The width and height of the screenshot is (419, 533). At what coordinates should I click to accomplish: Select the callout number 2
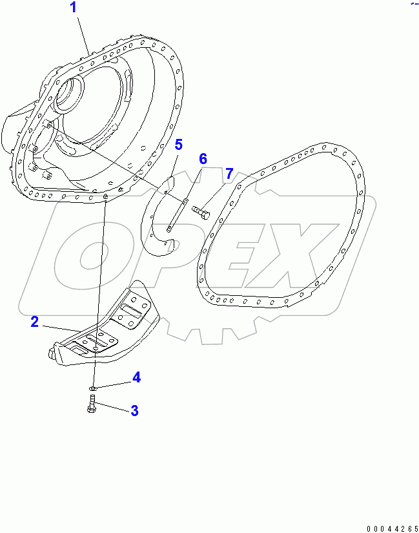tap(35, 322)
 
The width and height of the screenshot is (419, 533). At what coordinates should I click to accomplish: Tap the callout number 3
tap(134, 410)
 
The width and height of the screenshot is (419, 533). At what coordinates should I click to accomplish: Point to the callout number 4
tap(136, 377)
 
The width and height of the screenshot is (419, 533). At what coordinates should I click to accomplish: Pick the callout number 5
tap(179, 144)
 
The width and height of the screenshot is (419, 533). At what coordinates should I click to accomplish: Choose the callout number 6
tap(203, 159)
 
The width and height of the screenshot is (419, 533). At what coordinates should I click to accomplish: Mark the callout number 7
tap(229, 174)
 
